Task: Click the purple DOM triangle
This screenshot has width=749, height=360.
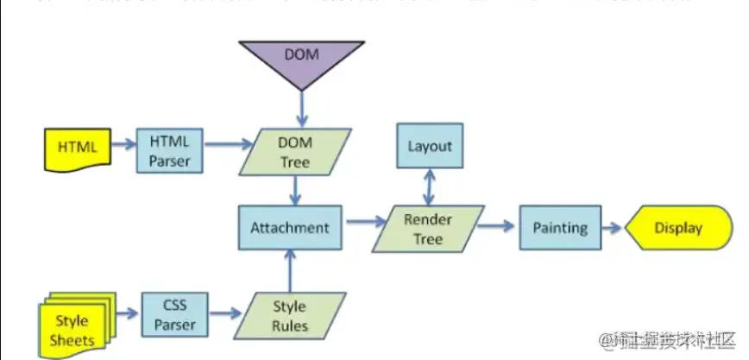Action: [301, 60]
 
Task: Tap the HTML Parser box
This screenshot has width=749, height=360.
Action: [169, 148]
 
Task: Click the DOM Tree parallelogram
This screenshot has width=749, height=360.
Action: [296, 149]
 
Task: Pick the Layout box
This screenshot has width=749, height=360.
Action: [429, 146]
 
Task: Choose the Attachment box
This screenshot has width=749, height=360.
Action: [289, 228]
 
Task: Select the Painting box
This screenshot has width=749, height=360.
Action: [559, 229]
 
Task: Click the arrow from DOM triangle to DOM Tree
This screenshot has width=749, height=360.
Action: [301, 110]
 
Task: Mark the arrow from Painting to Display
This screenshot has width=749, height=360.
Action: [612, 229]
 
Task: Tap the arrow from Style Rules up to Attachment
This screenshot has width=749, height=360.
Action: [289, 270]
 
